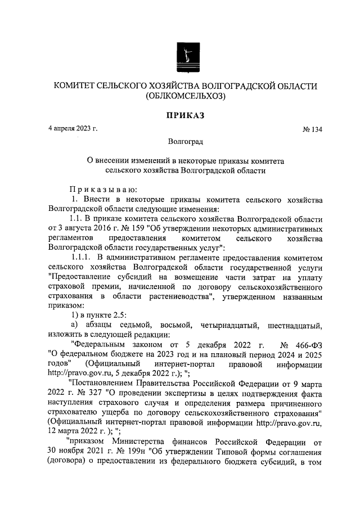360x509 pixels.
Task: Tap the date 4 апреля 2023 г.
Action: coord(73,129)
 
